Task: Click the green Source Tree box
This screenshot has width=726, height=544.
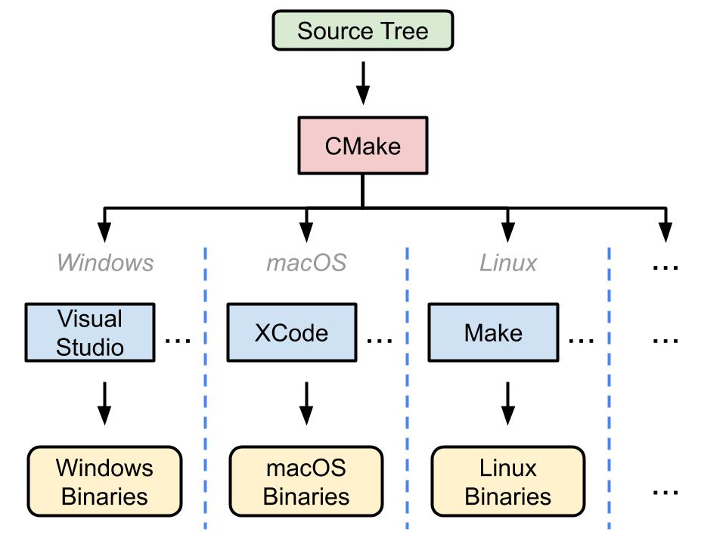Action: tap(362, 31)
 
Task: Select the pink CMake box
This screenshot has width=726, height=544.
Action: tap(362, 145)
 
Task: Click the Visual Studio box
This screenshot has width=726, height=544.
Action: tap(90, 332)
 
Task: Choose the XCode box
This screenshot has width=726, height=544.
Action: tap(291, 332)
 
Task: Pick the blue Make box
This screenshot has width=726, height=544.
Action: tap(493, 332)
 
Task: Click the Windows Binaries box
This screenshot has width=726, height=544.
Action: tap(105, 481)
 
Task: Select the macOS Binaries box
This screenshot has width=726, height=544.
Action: tap(306, 481)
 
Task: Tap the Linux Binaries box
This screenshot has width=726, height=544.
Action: tap(508, 481)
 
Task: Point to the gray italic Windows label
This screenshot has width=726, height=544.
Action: tap(104, 262)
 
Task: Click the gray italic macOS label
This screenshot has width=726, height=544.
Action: tap(306, 262)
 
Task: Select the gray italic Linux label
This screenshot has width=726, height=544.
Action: tap(508, 262)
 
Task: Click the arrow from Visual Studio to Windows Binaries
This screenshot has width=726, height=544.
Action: tap(105, 403)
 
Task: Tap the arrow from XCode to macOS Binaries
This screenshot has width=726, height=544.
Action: tap(306, 403)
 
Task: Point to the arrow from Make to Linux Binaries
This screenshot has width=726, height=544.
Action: tap(508, 403)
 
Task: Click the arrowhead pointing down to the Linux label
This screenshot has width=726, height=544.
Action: tap(508, 233)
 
